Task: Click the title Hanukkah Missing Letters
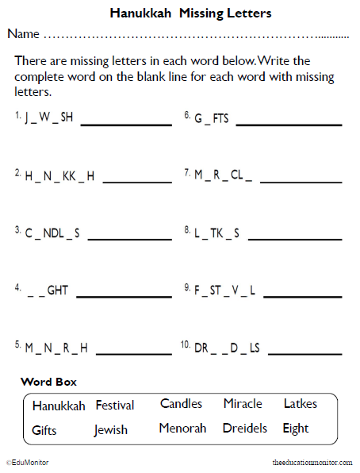click(x=190, y=13)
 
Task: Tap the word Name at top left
click(x=23, y=34)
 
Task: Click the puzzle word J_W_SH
click(x=48, y=117)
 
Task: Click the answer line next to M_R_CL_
click(x=301, y=182)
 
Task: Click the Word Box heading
click(x=48, y=382)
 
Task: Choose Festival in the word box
click(x=115, y=406)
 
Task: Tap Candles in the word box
click(x=181, y=404)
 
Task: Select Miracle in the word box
click(x=243, y=404)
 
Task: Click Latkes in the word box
click(x=301, y=404)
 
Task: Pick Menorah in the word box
click(x=182, y=429)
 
